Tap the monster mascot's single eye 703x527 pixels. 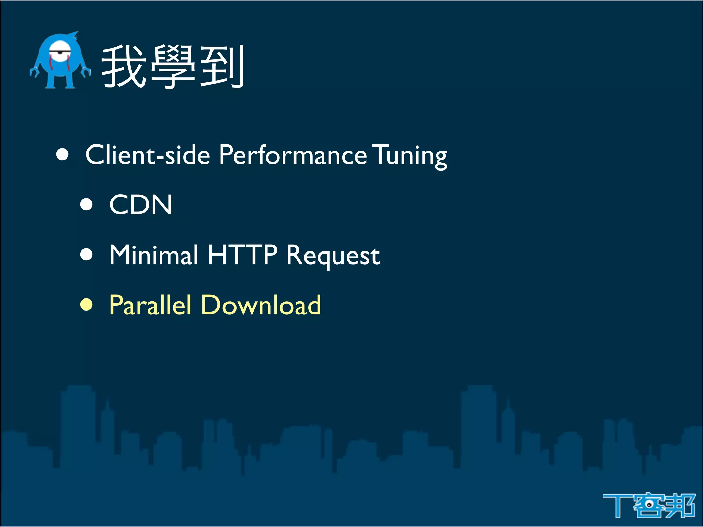coord(61,52)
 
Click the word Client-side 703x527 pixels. coord(148,155)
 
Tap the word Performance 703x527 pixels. coord(293,155)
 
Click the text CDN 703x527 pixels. coord(140,204)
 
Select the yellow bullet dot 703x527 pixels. coord(87,304)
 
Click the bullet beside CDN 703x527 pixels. coord(87,204)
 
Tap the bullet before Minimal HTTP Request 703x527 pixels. coord(87,255)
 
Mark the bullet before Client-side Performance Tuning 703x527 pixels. coord(62,154)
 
